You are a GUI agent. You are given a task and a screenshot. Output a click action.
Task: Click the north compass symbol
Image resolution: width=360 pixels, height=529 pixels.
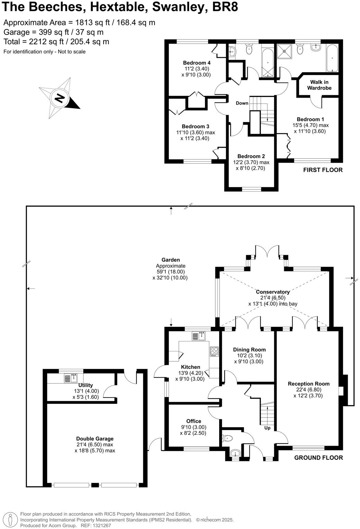pos(60,98)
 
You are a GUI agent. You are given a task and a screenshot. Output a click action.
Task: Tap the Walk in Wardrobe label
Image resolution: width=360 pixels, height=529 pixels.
pos(319,85)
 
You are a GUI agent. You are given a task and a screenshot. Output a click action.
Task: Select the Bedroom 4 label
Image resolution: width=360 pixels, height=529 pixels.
pos(197,63)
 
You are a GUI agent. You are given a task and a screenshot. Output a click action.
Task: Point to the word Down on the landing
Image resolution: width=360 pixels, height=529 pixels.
pos(242,103)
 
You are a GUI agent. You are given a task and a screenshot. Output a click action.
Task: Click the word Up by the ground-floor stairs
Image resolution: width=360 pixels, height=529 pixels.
pos(267,428)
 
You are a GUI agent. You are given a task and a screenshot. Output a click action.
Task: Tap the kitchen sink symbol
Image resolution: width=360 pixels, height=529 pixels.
pos(199,336)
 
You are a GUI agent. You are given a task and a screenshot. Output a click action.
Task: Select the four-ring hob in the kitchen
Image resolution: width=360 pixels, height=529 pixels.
pos(214,351)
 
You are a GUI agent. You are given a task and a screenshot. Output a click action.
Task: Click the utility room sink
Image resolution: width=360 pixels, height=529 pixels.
pos(71,378)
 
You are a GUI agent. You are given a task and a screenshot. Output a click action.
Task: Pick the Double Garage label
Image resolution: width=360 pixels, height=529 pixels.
pos(95,439)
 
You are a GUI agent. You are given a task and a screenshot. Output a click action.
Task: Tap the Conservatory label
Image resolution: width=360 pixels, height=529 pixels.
pos(272,292)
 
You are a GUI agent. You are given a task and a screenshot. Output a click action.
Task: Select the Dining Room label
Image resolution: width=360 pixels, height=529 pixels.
pos(249,350)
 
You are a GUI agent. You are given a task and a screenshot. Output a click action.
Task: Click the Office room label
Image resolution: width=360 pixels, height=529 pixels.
pos(193,421)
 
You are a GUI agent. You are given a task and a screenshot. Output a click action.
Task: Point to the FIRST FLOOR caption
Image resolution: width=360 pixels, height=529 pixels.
pos(323,170)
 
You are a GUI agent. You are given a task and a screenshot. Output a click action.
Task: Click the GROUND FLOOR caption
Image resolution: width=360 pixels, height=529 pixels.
pos(318,458)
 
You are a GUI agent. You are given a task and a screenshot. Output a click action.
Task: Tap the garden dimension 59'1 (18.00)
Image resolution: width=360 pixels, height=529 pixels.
pos(171,272)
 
